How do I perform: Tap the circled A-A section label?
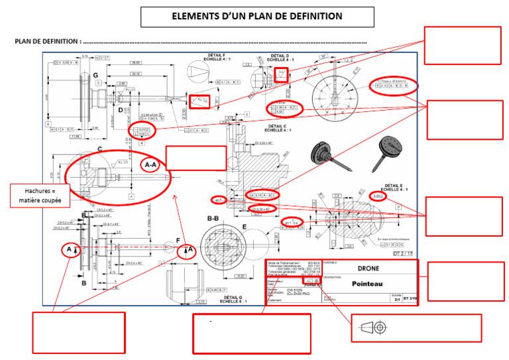pos(150,164)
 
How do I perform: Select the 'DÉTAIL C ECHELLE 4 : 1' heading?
pos(286,128)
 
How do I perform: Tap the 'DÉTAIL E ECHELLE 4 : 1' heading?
pos(398,188)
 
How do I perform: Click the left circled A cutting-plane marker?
pos(70,250)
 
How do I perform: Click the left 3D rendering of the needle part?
pos(327,152)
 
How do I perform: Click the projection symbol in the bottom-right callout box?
pos(374,328)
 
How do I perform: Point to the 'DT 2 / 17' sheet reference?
pos(403,253)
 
